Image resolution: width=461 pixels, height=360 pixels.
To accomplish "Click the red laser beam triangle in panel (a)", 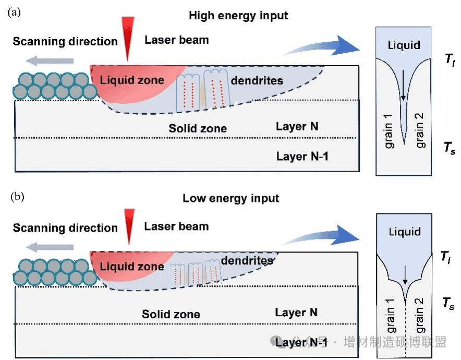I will tap(127, 37).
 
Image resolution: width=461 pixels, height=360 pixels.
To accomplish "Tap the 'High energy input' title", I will tap(238, 16).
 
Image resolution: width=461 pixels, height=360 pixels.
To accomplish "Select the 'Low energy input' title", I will tap(231, 198).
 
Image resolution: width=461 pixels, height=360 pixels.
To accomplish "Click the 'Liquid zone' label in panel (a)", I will tap(132, 80).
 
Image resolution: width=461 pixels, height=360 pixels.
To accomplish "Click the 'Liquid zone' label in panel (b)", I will tap(132, 267).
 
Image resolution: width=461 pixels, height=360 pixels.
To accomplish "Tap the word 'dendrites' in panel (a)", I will tap(257, 80).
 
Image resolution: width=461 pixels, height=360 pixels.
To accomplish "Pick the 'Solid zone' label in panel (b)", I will tap(171, 315).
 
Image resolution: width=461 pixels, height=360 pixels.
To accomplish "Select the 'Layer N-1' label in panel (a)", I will tap(302, 156).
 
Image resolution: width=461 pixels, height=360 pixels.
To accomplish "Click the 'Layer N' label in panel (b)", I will tap(296, 312).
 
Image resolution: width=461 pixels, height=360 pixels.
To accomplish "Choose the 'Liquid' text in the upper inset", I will tap(404, 45).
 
